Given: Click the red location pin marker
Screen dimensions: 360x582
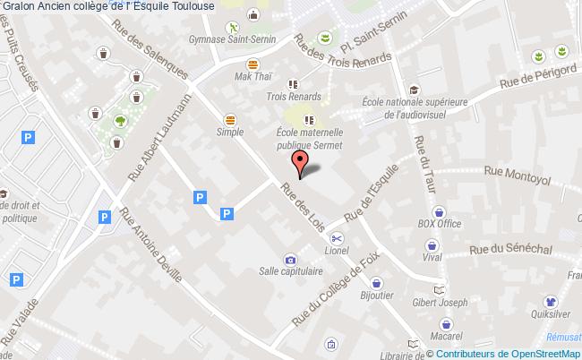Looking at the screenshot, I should coord(302,162).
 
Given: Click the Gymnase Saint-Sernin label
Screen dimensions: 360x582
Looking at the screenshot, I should coord(229,39).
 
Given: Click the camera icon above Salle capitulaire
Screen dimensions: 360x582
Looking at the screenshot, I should coord(289,260).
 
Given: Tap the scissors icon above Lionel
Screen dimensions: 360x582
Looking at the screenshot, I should coord(337,237).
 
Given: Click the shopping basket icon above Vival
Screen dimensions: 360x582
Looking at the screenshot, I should coord(432,244).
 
